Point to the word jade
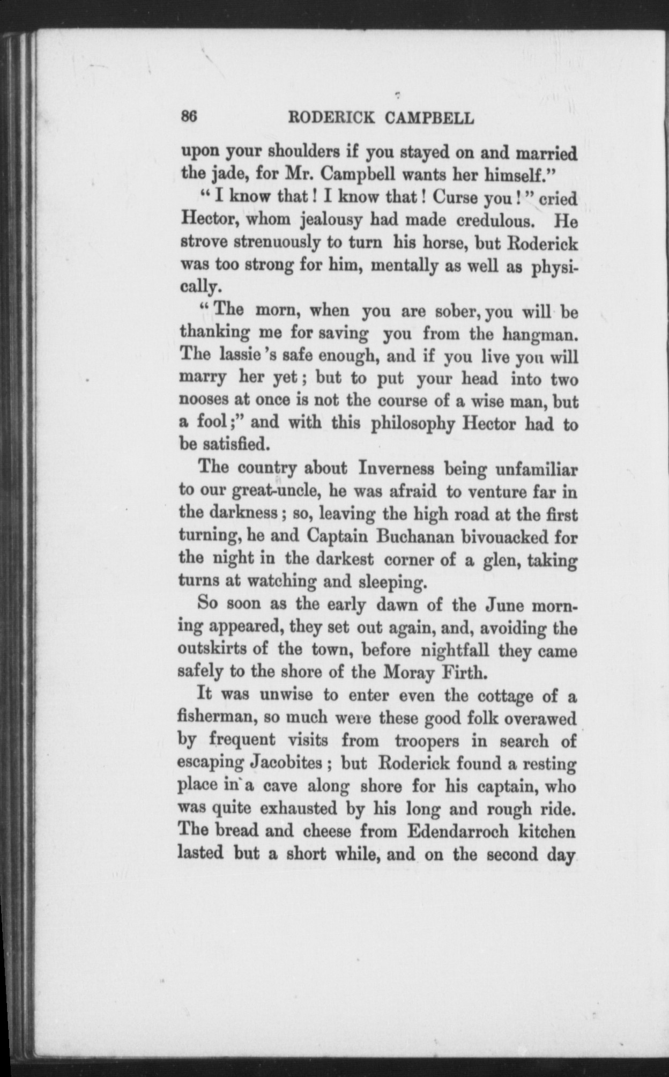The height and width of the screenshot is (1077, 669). click(225, 175)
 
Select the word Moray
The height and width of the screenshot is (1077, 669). click(409, 673)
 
